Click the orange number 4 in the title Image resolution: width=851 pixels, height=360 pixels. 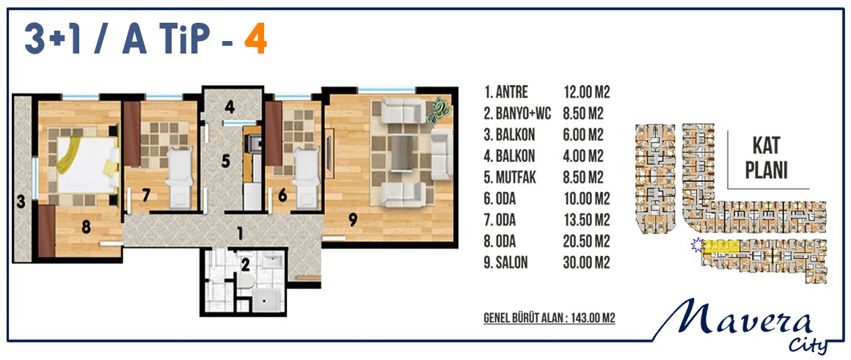(255, 42)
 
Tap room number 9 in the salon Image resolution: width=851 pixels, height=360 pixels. (353, 219)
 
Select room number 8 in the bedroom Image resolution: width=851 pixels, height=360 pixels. (86, 227)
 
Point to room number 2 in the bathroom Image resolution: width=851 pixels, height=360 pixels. (245, 265)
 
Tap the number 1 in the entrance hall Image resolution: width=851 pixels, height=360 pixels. (239, 234)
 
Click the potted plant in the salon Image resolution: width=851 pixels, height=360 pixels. (439, 110)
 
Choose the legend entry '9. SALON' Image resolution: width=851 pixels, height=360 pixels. (505, 263)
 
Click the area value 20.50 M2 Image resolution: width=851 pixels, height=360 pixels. (587, 241)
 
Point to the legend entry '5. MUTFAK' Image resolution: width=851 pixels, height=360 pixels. (511, 177)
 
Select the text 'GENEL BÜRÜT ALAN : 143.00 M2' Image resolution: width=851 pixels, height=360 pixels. (549, 318)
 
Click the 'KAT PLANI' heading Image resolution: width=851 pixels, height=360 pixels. (767, 158)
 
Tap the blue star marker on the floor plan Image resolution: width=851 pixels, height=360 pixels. (697, 246)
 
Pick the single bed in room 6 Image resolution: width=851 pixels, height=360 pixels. (306, 177)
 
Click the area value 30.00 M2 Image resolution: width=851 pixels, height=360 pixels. (587, 263)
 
